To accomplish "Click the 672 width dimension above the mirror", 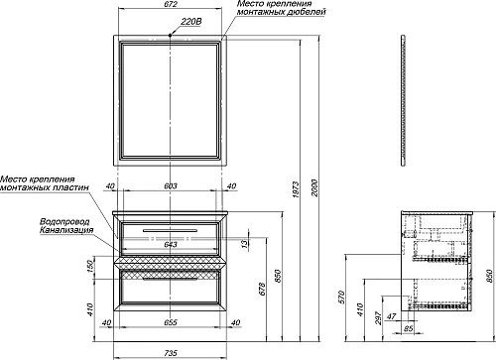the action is pos(171,4).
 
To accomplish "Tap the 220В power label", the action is pos(191,22).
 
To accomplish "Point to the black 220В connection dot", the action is pos(171,35).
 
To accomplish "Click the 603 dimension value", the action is pos(171,186).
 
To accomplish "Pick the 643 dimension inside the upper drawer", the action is pos(171,245).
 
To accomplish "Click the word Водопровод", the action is pos(64,222).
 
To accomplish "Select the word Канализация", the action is pos(66,230).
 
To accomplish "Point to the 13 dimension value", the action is pos(244,244).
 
